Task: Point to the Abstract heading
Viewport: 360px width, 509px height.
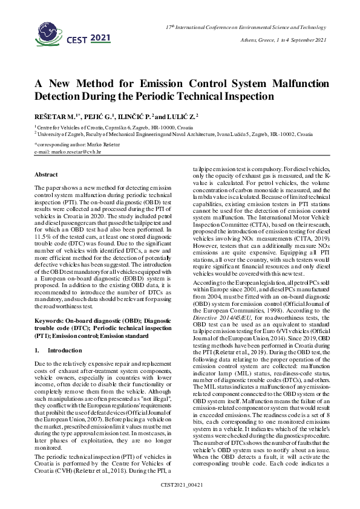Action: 45,175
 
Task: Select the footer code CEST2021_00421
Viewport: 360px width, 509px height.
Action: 180,502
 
